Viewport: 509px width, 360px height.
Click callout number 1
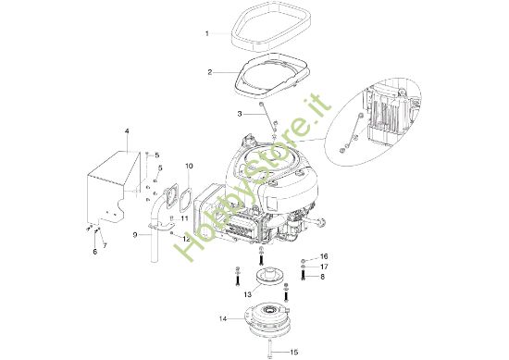[207, 34]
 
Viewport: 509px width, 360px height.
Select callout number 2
[210, 72]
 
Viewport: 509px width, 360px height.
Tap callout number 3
[213, 114]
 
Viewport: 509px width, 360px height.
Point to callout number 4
[128, 133]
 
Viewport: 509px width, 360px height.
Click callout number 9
[135, 236]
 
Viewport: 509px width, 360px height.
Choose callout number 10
[189, 167]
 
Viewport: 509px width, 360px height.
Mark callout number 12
[186, 239]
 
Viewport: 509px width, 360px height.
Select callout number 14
[222, 319]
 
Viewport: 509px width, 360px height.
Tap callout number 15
[295, 352]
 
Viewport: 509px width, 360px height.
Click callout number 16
[324, 255]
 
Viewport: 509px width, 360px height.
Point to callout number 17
[324, 267]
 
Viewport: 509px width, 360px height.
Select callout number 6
[93, 251]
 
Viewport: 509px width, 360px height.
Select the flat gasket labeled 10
[183, 199]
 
